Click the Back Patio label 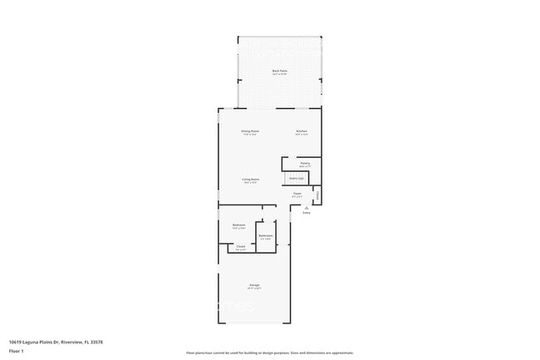(279, 71)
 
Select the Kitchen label (302, 131)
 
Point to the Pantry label (305, 164)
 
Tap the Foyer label (297, 194)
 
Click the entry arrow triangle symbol (307, 207)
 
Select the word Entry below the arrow (307, 213)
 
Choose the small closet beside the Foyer (317, 196)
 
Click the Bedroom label (238, 226)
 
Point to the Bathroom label (266, 236)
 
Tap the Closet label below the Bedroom (241, 247)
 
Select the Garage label (254, 285)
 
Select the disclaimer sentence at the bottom (269, 353)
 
